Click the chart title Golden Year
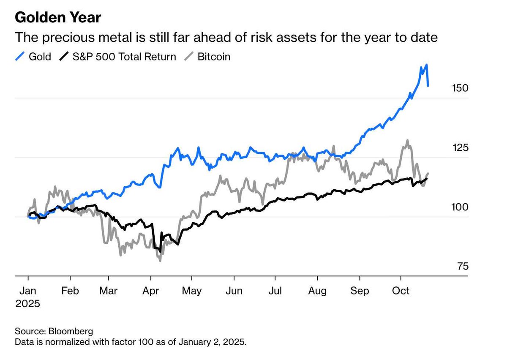[x=57, y=18]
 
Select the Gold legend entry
[x=34, y=57]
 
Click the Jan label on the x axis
[x=28, y=291]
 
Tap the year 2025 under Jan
[x=28, y=304]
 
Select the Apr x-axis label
[x=150, y=291]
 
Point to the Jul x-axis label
[x=275, y=291]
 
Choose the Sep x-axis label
[x=359, y=291]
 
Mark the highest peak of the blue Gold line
[x=427, y=65]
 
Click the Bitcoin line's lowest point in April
[x=160, y=261]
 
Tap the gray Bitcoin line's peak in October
[x=407, y=140]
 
